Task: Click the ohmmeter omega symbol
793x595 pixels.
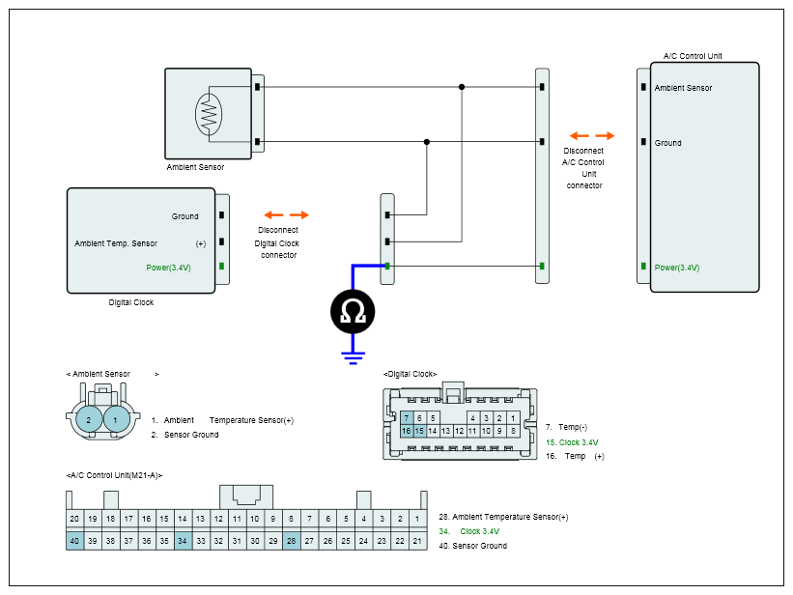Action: [353, 311]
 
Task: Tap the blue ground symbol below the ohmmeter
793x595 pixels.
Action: [353, 357]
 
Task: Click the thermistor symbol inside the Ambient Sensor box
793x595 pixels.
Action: [209, 114]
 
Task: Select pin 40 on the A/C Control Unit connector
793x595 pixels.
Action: [74, 541]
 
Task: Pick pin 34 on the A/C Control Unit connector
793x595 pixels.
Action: [183, 541]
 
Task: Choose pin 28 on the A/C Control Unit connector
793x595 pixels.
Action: [292, 541]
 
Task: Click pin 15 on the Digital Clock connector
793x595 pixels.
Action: [419, 431]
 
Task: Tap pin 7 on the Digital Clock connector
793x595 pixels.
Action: [407, 418]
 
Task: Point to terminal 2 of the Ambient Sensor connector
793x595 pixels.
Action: [89, 420]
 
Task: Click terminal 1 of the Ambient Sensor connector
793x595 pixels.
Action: [116, 420]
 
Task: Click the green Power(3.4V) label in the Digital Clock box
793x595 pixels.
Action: [168, 268]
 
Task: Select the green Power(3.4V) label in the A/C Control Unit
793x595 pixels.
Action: [677, 268]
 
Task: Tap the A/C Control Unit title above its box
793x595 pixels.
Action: [693, 56]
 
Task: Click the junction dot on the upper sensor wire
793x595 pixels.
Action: [462, 87]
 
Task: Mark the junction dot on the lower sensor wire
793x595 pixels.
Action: [427, 142]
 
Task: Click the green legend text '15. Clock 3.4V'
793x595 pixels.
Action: [572, 442]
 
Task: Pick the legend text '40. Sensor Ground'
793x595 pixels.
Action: [473, 546]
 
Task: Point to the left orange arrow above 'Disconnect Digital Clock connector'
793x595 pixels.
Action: [273, 215]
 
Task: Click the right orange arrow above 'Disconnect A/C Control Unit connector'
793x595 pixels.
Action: [605, 135]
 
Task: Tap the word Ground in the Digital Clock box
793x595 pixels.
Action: [184, 216]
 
